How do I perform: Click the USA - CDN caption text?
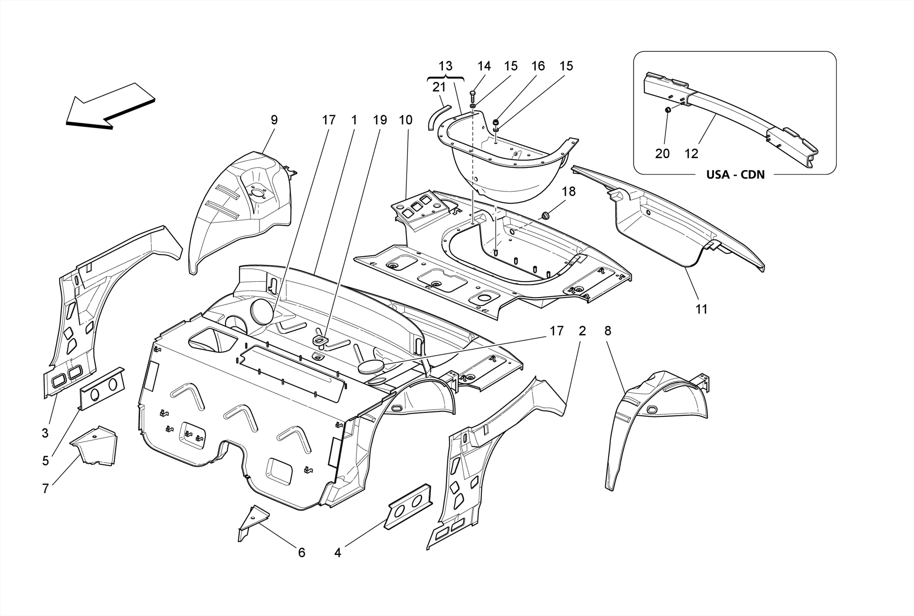click(x=735, y=175)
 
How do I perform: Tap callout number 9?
click(x=274, y=120)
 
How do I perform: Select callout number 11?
click(x=701, y=309)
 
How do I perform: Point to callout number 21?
click(x=439, y=87)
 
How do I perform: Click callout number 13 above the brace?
click(x=445, y=66)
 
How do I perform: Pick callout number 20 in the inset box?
click(x=662, y=154)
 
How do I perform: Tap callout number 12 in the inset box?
click(x=691, y=154)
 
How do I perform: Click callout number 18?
click(x=569, y=192)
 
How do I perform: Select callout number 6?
click(x=302, y=553)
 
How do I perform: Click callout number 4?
click(x=338, y=553)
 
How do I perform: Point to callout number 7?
click(x=45, y=489)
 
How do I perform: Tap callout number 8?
click(x=608, y=331)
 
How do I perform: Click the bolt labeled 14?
click(x=473, y=97)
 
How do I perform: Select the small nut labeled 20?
click(x=668, y=109)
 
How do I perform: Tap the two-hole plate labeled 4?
click(x=409, y=506)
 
